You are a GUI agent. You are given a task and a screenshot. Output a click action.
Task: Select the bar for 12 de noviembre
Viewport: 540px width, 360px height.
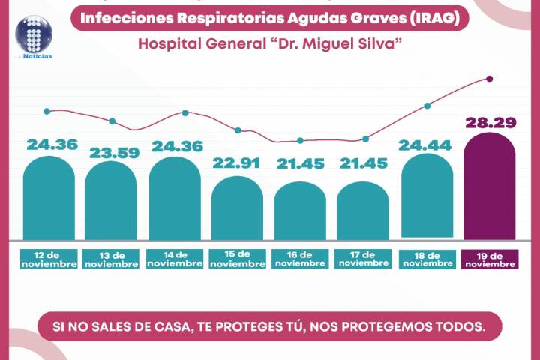49,199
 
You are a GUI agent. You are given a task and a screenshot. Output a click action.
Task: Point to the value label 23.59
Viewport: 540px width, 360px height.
111,153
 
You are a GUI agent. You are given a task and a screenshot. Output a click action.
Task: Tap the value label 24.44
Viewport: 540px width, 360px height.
427,145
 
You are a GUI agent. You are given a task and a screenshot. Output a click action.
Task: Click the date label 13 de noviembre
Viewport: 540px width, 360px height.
111,259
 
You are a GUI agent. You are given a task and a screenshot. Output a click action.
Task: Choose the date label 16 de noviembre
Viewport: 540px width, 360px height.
300,259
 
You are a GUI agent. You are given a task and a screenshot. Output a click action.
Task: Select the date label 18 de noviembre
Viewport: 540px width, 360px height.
427,259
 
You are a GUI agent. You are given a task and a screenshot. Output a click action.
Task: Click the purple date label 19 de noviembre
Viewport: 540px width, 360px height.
490,259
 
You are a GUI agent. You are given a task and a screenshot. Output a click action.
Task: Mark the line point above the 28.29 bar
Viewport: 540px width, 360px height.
490,79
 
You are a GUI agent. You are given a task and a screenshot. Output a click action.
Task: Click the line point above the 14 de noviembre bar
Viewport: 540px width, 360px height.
185,113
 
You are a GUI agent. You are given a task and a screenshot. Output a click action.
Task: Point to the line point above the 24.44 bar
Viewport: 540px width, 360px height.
427,106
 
